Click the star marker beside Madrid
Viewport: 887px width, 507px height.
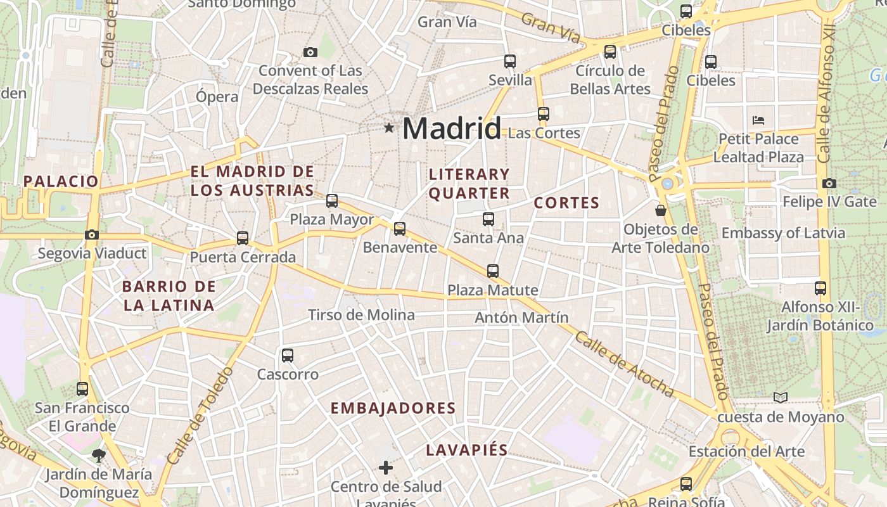tap(388, 128)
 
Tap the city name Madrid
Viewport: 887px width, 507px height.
tap(452, 129)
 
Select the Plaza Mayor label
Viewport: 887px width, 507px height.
tap(332, 220)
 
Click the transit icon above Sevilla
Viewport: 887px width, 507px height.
tap(510, 61)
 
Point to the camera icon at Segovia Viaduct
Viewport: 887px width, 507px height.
tap(92, 235)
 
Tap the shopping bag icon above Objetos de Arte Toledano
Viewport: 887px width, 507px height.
tap(661, 210)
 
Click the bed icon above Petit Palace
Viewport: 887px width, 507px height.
tap(758, 120)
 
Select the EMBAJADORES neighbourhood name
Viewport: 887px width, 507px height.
tap(393, 408)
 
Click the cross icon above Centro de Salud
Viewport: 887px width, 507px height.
tap(386, 468)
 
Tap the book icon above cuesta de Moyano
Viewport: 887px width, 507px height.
tap(781, 398)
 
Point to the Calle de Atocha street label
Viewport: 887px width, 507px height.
tap(623, 364)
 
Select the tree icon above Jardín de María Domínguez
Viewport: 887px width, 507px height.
tap(98, 455)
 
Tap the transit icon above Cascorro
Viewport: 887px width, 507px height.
tap(288, 356)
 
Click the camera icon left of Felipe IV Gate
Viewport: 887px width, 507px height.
tap(829, 184)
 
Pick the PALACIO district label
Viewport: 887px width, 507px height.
tap(61, 181)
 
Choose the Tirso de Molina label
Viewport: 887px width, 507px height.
tap(361, 315)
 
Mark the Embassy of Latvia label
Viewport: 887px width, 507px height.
tap(783, 233)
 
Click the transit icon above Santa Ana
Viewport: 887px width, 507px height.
tap(488, 219)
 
